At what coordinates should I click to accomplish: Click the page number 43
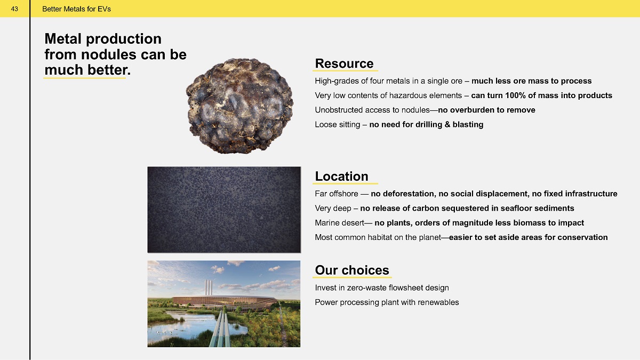[x=14, y=9]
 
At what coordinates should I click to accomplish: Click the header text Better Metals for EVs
[x=76, y=9]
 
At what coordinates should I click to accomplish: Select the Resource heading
[x=344, y=63]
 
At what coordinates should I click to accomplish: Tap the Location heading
[x=341, y=177]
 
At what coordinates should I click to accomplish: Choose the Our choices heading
[x=352, y=270]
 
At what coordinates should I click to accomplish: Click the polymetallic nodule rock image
[x=239, y=106]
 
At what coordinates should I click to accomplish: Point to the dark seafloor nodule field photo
[x=224, y=210]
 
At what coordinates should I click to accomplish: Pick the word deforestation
[x=409, y=194]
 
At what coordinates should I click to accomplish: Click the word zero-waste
[x=366, y=287]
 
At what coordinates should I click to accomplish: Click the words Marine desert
[x=339, y=223]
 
